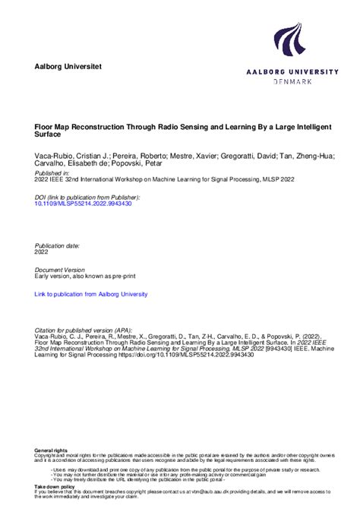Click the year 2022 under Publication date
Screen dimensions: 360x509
(x=42, y=253)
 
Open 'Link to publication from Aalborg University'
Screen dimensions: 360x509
(x=91, y=294)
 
